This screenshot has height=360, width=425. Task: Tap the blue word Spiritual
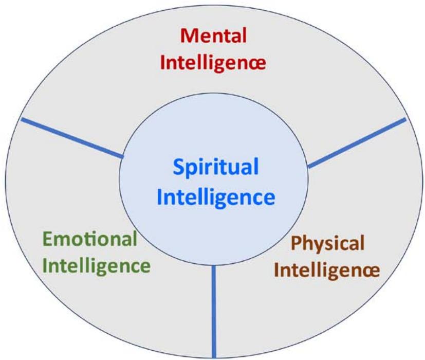pyautogui.click(x=215, y=168)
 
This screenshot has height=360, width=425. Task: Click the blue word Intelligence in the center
pyautogui.click(x=216, y=196)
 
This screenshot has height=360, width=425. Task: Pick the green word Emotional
pyautogui.click(x=90, y=239)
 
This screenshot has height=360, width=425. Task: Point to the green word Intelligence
pyautogui.click(x=98, y=266)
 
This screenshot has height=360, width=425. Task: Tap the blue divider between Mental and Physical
pyautogui.click(x=357, y=142)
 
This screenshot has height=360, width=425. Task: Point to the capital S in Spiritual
pyautogui.click(x=178, y=167)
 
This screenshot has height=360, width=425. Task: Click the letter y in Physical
pyautogui.click(x=318, y=245)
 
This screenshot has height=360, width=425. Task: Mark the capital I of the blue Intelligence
pyautogui.click(x=160, y=196)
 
